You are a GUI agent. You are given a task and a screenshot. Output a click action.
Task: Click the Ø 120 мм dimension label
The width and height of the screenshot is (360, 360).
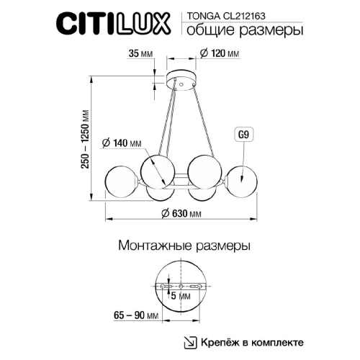click(220, 53)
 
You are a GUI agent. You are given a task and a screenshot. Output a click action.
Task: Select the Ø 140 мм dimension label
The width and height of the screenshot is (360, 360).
click(124, 143)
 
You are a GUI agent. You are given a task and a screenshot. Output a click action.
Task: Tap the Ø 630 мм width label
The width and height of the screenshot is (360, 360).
click(180, 214)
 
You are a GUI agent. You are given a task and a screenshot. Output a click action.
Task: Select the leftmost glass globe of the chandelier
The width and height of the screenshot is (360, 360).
click(120, 181)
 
